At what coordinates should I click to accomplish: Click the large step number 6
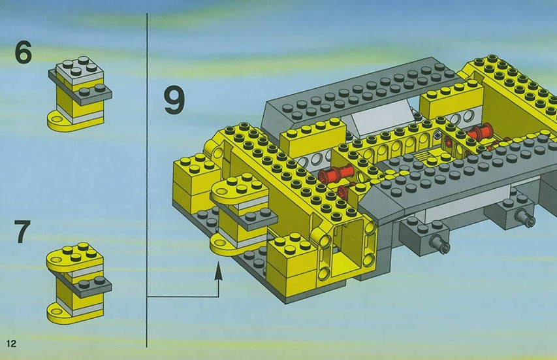pyautogui.click(x=24, y=53)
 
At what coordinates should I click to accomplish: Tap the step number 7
pyautogui.click(x=23, y=232)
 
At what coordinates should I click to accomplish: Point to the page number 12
pyautogui.click(x=11, y=343)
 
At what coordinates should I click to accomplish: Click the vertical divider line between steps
pyautogui.click(x=147, y=180)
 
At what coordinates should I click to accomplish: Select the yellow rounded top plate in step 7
pyautogui.click(x=75, y=257)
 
